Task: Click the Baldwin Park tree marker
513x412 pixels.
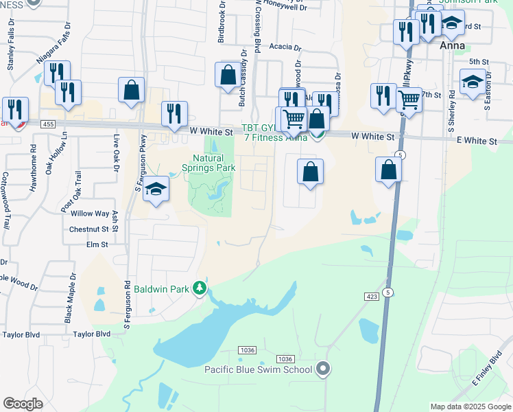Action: tap(200, 288)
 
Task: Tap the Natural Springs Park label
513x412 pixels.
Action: tap(209, 163)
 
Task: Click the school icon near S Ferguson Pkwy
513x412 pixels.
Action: tap(156, 190)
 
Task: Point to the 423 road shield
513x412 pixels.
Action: tap(372, 296)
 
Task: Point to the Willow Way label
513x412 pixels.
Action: tap(89, 214)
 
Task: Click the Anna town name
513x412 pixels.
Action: tap(452, 45)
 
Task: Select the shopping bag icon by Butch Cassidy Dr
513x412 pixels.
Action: tap(228, 76)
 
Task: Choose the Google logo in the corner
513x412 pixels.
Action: tap(23, 404)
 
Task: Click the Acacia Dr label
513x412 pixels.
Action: tap(285, 48)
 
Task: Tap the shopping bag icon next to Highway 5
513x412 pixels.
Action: tap(389, 170)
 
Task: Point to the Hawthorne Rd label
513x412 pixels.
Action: tap(34, 158)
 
